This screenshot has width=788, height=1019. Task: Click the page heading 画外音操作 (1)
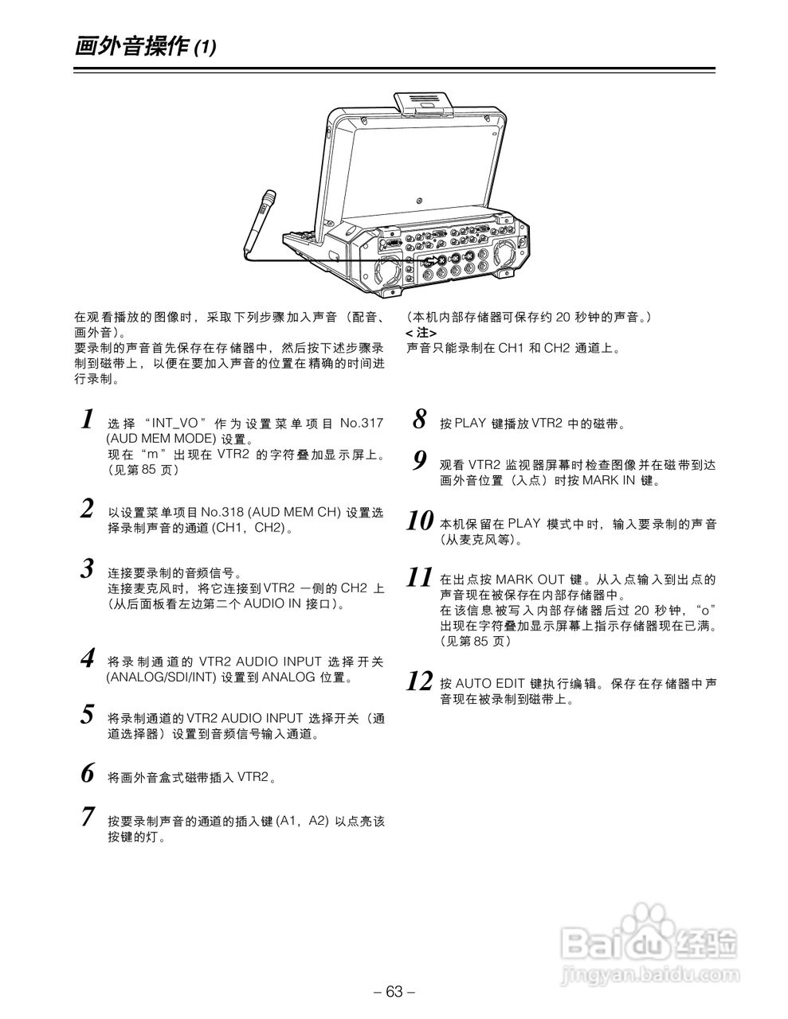coord(144,47)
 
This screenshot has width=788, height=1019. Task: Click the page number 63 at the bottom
coord(394,991)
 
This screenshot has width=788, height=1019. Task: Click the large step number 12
coord(419,681)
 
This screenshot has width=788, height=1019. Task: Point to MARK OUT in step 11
coord(535,579)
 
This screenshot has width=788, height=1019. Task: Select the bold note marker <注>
coord(421,333)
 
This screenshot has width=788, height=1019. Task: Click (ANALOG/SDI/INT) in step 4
coord(162,677)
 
